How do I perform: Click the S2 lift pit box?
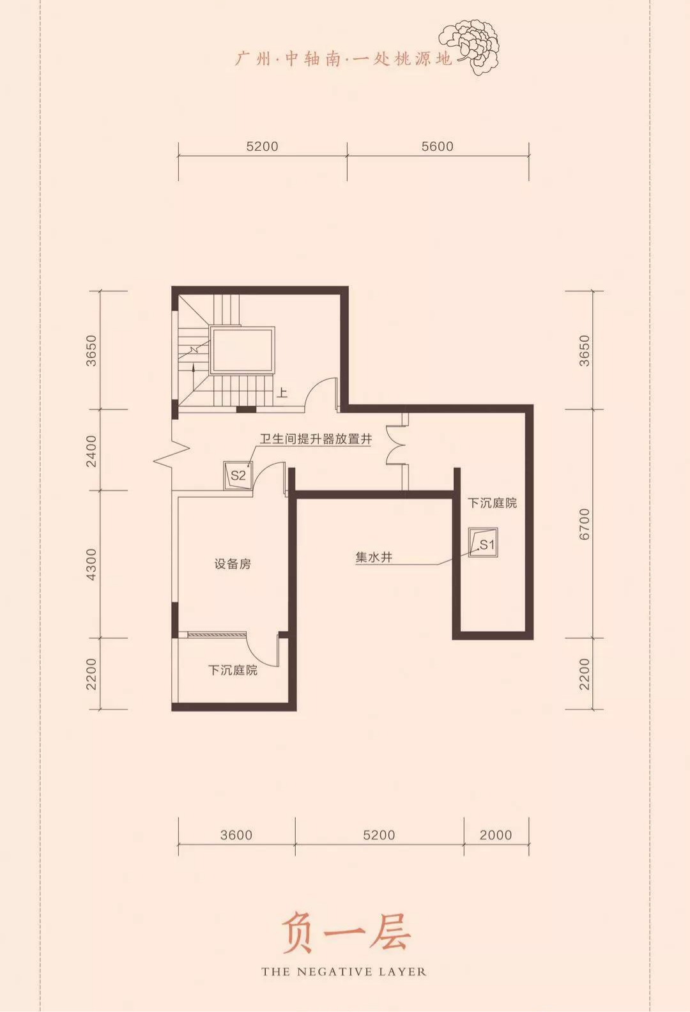point(238,476)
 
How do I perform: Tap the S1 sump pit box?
point(483,542)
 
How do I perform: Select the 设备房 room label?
point(233,564)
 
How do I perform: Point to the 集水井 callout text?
point(374,557)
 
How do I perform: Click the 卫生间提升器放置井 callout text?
point(316,439)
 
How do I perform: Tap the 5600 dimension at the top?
point(438,146)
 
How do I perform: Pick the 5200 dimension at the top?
point(263,146)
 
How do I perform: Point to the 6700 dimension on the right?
point(585,524)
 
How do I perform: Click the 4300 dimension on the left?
point(91,564)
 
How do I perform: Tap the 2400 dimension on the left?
point(91,451)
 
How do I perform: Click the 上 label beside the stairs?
point(282,392)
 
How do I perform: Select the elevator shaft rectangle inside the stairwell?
point(243,350)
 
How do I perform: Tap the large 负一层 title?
point(346,932)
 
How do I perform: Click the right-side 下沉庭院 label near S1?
point(492,503)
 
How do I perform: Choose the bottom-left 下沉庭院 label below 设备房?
point(233,670)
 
